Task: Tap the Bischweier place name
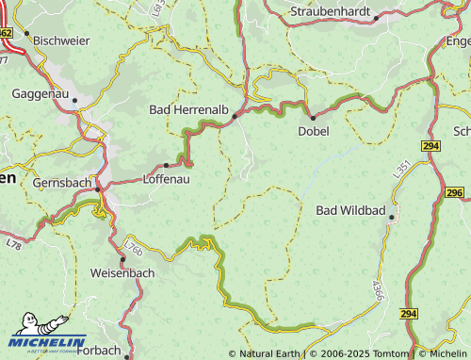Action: [62, 41]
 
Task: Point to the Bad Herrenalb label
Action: [188, 110]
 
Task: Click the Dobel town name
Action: [314, 131]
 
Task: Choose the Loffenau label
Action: [166, 178]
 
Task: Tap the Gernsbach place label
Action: [63, 182]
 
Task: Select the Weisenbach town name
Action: [122, 272]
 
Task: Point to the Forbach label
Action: [99, 351]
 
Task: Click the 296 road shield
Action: [455, 192]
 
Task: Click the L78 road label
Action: [13, 244]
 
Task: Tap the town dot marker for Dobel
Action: [313, 118]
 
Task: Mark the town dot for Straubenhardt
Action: [376, 18]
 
